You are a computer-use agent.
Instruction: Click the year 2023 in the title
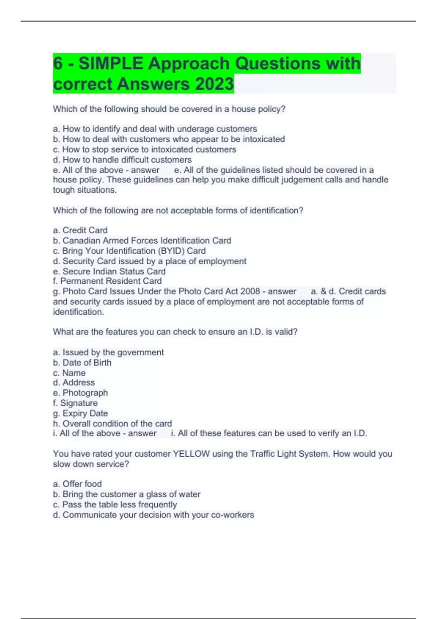pyautogui.click(x=214, y=84)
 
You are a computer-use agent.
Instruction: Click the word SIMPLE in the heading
pyautogui.click(x=111, y=63)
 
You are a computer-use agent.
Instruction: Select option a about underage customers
pyautogui.click(x=155, y=129)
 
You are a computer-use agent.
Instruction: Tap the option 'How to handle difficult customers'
pyautogui.click(x=122, y=159)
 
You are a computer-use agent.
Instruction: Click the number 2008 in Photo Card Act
pyautogui.click(x=250, y=291)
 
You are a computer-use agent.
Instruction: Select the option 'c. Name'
pyautogui.click(x=69, y=373)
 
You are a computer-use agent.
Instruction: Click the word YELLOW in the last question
pyautogui.click(x=191, y=454)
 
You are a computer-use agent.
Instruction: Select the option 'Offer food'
pyautogui.click(x=77, y=484)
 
